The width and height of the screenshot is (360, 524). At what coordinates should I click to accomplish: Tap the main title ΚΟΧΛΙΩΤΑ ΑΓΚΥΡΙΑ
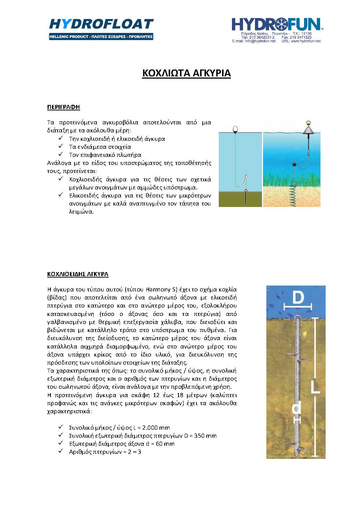186,73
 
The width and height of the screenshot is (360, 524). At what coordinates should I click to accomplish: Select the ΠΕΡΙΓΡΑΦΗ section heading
63,107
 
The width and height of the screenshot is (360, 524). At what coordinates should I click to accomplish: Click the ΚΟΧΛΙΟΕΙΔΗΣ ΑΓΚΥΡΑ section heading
78,274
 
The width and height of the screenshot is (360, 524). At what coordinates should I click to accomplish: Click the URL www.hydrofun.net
306,41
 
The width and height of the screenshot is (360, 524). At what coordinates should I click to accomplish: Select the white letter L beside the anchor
315,386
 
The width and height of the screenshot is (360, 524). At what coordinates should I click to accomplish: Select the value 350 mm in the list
205,436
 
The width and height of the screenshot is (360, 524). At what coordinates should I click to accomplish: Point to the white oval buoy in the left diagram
236,129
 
